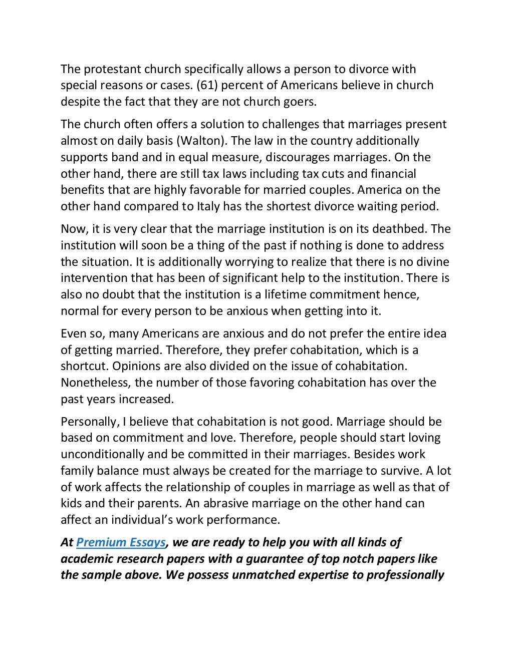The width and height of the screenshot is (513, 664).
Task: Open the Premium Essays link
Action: (x=121, y=542)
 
